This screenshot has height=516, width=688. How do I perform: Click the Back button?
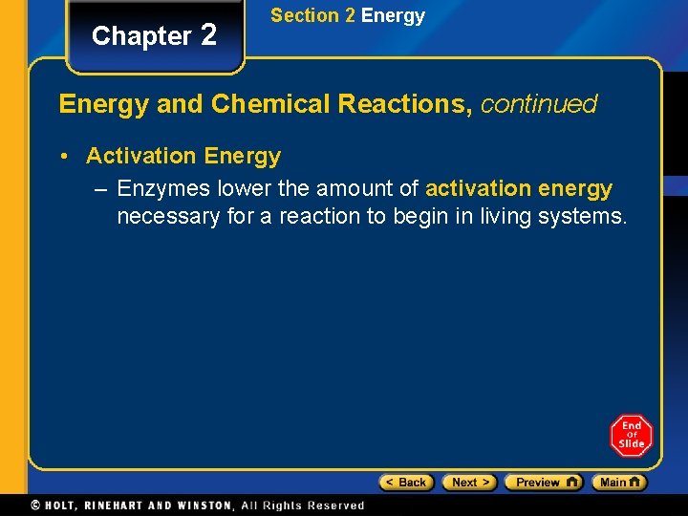406,483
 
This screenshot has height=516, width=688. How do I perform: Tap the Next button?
468,483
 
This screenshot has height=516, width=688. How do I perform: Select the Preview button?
543,483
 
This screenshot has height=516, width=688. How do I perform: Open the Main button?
619,483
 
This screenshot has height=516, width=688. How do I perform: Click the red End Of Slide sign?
631,436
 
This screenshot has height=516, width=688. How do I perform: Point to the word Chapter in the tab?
141,36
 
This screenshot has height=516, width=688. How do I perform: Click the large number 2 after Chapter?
208,34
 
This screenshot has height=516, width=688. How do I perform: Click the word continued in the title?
539,104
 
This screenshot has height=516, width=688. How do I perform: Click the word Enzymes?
164,189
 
